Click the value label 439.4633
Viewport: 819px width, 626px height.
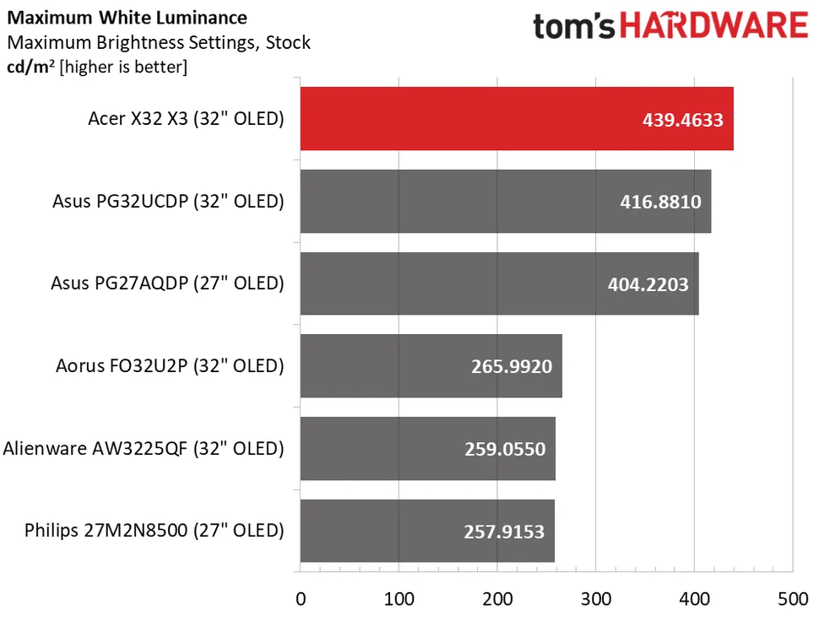click(x=682, y=120)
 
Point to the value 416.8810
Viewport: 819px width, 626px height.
click(x=660, y=202)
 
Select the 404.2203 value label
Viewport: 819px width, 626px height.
click(x=648, y=284)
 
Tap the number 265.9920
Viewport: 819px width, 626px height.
click(x=512, y=367)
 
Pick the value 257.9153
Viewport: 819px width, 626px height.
click(x=504, y=532)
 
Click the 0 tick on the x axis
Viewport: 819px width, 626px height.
click(x=301, y=600)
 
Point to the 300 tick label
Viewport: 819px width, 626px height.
click(x=596, y=600)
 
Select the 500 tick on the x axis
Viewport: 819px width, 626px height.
click(x=792, y=600)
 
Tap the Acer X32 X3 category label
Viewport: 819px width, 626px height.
click(x=186, y=119)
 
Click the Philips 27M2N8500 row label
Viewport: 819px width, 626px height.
click(x=155, y=531)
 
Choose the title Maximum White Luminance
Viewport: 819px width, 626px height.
click(x=127, y=18)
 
